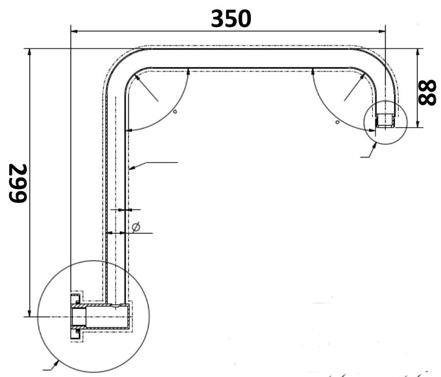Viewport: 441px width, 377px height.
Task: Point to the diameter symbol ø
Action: pos(136,228)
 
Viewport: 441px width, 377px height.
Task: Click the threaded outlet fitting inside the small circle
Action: pos(384,120)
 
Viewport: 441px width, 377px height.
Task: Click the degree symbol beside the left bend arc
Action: pos(175,111)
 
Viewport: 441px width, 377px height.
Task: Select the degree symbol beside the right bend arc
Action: pos(337,122)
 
